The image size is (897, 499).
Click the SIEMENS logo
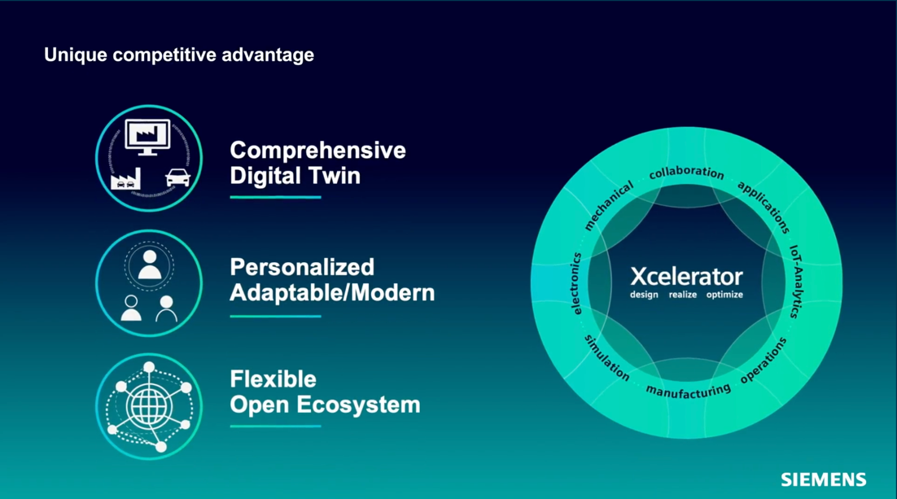click(x=823, y=479)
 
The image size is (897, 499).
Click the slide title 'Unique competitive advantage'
click(x=179, y=55)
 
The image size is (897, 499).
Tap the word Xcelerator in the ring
click(x=686, y=277)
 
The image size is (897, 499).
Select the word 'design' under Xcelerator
click(x=644, y=295)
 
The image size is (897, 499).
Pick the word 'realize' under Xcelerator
click(x=682, y=295)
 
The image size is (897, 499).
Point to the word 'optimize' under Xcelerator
click(x=724, y=295)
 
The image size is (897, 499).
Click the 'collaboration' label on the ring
click(x=686, y=173)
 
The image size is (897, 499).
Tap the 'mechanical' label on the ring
click(x=609, y=205)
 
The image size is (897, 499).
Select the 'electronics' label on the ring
click(x=576, y=283)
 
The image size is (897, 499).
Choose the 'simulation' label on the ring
click(x=606, y=358)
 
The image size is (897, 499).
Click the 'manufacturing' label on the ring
click(x=688, y=391)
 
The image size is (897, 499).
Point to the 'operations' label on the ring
click(x=764, y=361)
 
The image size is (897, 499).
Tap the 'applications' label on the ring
click(x=764, y=207)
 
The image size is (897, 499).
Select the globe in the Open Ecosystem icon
click(x=149, y=406)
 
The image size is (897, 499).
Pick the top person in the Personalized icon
click(x=150, y=265)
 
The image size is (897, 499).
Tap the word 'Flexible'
click(x=273, y=379)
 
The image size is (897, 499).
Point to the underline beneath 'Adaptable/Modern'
click(x=275, y=316)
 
